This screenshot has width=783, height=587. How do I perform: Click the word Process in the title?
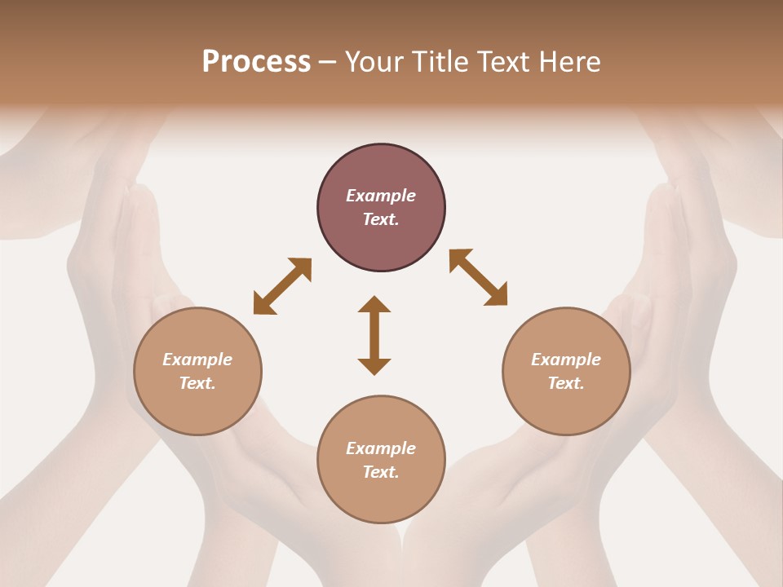pos(256,62)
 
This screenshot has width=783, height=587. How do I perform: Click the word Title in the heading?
pos(440,62)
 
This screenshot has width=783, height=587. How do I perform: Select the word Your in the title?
pos(376,62)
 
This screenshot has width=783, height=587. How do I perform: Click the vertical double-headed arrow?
pos(374,335)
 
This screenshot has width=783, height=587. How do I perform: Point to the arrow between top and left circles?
pos(282,286)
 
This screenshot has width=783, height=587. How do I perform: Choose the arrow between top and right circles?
pos(478,277)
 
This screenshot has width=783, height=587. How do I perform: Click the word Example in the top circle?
pos(381,196)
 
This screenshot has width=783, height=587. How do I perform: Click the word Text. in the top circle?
pos(381,219)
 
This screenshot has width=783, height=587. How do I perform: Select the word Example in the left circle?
pos(197,360)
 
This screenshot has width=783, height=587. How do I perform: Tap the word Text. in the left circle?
pos(197,383)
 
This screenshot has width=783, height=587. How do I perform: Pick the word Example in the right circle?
pos(566,360)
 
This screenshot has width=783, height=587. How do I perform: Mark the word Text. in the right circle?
pos(566,383)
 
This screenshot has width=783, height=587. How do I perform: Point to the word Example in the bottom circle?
pos(381,448)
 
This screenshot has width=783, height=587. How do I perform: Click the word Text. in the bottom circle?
pos(381,472)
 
